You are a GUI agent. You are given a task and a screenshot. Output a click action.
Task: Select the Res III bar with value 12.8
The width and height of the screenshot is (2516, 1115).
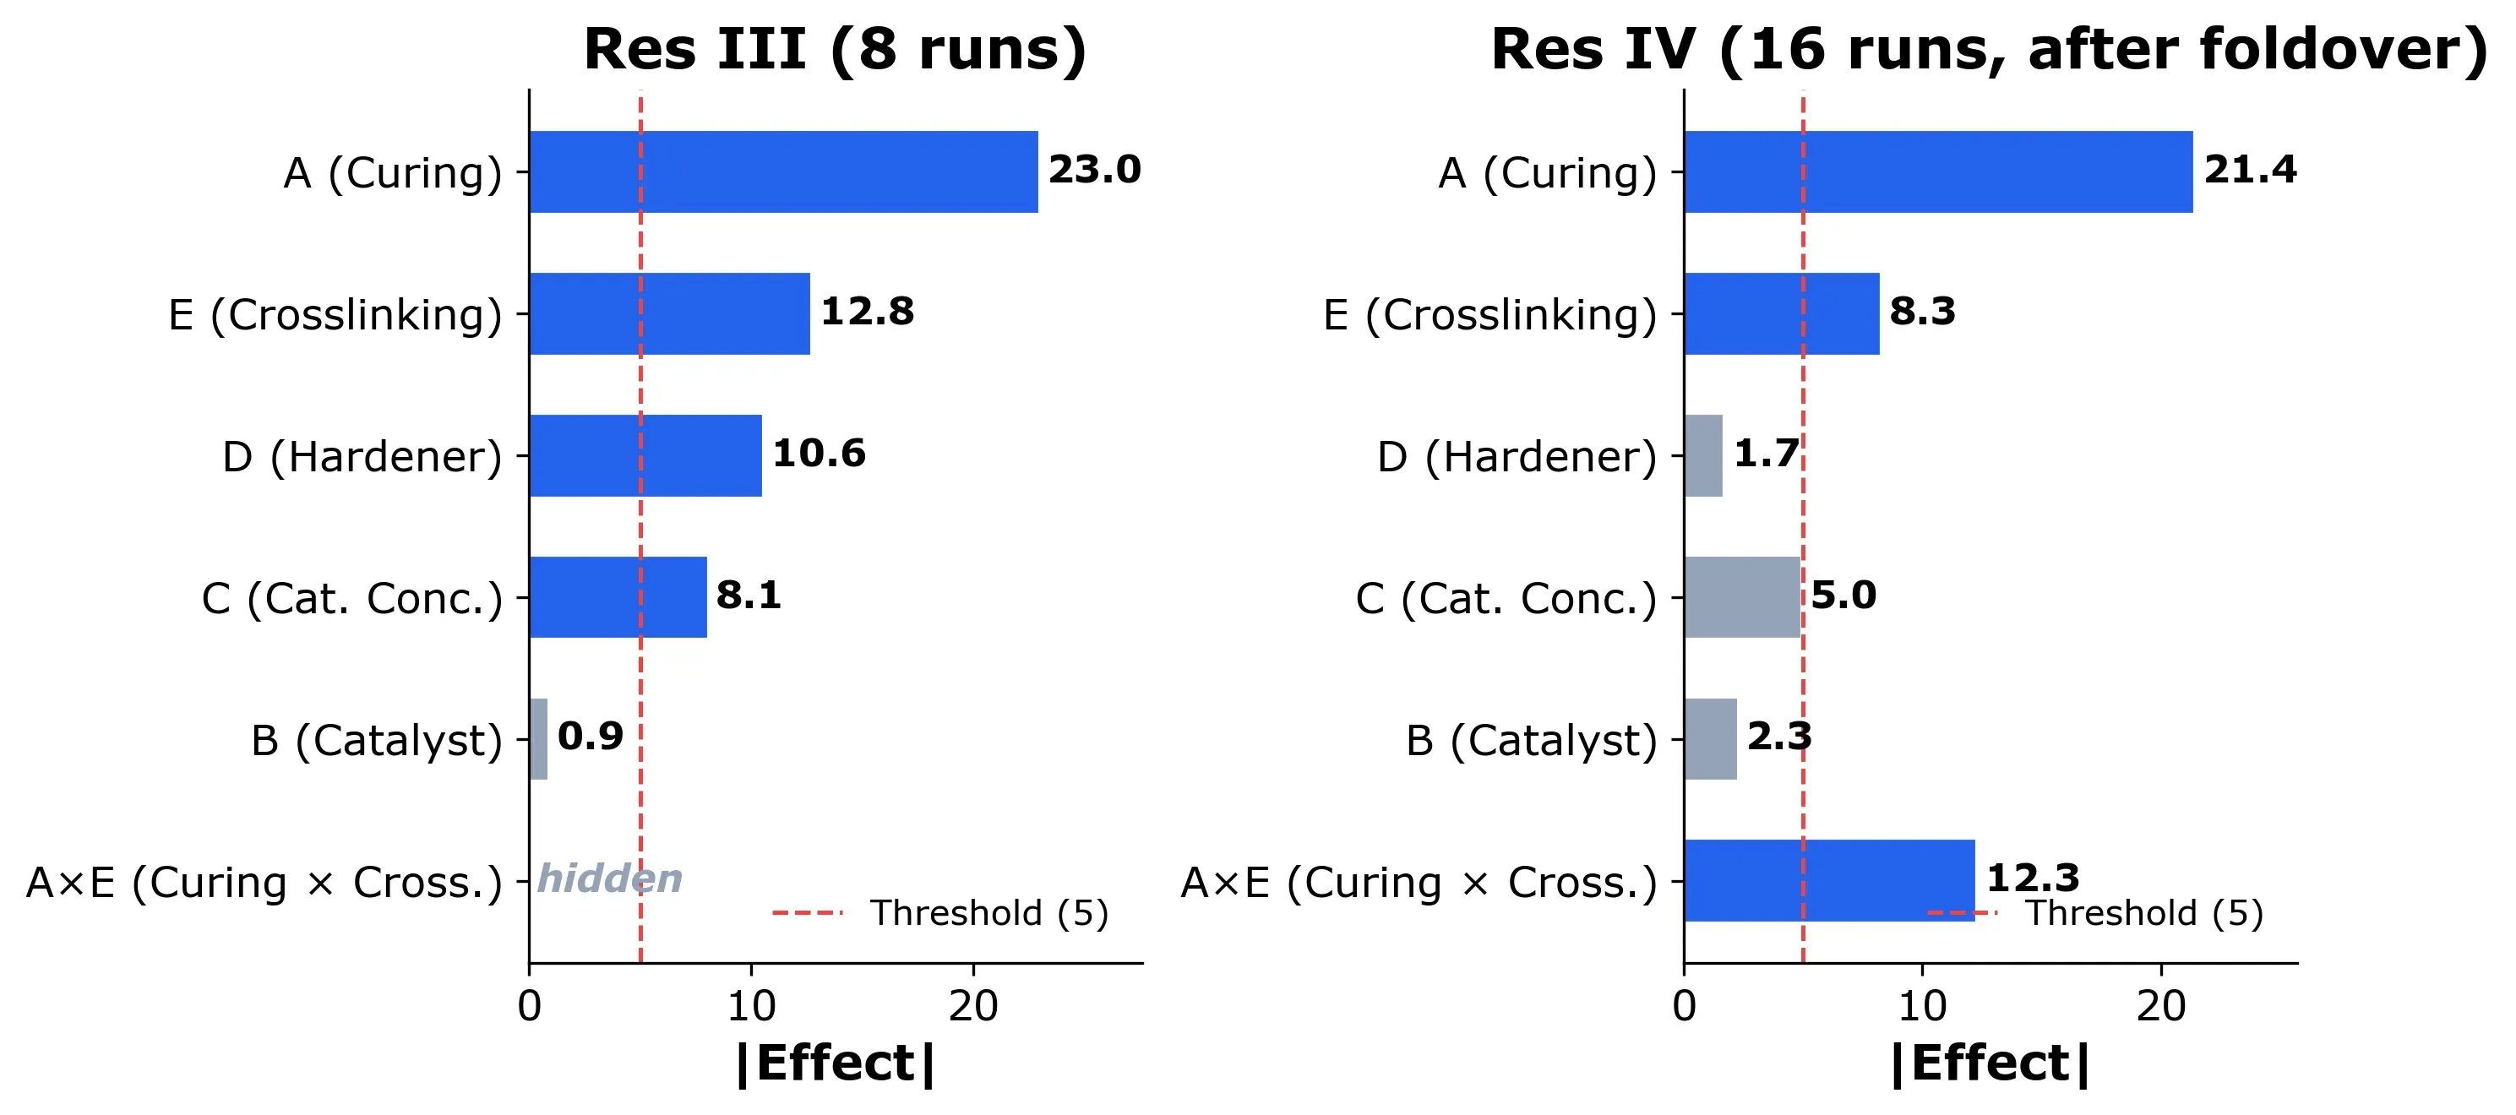point(670,313)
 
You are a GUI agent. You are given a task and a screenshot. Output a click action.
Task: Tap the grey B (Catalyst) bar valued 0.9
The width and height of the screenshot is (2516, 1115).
point(538,739)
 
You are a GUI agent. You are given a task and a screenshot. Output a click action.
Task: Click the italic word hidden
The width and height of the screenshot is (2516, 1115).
point(609,878)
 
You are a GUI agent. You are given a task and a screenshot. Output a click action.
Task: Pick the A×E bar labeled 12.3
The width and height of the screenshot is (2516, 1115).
point(1828,881)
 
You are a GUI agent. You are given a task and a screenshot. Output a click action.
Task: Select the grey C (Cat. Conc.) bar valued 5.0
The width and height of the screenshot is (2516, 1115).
point(1741,597)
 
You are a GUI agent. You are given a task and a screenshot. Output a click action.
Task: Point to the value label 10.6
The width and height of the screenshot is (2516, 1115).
point(819,453)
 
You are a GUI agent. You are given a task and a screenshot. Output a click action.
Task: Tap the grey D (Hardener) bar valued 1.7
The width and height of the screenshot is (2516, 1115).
point(1703,456)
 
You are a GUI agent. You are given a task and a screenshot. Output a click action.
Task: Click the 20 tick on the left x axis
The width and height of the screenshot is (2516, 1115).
point(972,1006)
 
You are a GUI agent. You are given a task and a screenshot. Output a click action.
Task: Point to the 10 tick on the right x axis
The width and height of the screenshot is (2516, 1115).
point(1922,1006)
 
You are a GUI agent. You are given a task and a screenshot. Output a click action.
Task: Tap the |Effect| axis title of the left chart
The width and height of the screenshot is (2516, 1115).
point(835,1063)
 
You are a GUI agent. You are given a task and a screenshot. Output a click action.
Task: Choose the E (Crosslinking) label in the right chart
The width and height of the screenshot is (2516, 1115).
point(1489,315)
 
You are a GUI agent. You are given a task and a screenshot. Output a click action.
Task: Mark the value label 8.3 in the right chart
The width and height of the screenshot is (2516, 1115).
point(1922,312)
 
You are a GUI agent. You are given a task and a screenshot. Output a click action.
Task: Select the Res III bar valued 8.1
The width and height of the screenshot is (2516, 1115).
point(618,597)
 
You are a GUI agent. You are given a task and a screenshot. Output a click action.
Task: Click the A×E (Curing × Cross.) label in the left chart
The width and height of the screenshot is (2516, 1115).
point(264,883)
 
